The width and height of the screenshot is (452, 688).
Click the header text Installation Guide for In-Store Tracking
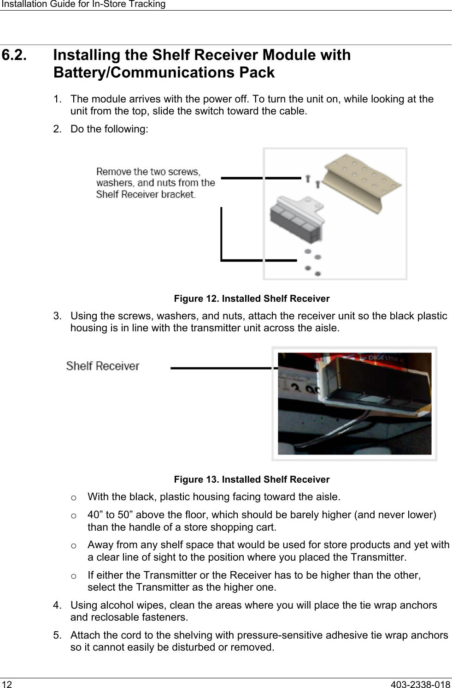click(83, 4)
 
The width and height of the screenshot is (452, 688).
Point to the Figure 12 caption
click(252, 299)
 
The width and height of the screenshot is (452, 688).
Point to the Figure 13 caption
click(252, 479)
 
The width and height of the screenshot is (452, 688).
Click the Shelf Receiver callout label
click(102, 366)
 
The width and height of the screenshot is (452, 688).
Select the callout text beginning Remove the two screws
click(155, 183)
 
